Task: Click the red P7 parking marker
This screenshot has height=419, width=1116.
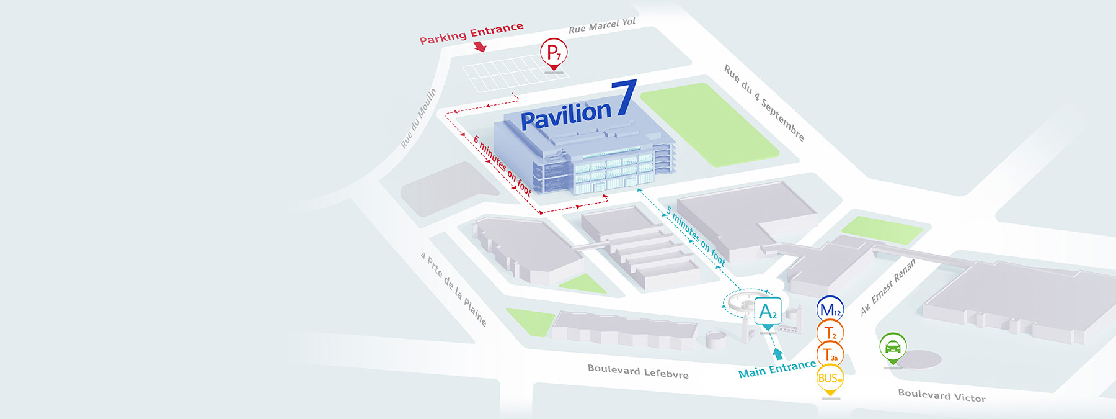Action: tap(554, 52)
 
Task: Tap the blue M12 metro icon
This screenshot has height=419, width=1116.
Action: tap(830, 310)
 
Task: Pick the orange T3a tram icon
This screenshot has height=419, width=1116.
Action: tap(830, 355)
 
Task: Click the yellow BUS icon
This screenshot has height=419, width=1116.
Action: tap(830, 378)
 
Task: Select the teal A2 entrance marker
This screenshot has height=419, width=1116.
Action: tap(768, 311)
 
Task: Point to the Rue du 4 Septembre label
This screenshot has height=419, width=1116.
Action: tap(764, 103)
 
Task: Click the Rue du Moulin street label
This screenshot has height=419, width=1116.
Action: tap(418, 118)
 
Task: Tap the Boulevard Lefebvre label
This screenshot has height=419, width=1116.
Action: tap(638, 371)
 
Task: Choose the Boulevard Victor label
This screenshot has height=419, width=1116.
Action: tap(942, 395)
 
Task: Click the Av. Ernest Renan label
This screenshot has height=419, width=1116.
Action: tap(888, 287)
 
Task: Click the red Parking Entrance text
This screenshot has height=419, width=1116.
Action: tap(471, 34)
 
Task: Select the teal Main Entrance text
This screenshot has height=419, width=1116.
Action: tap(777, 369)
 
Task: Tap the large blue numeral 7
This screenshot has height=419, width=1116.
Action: tap(624, 98)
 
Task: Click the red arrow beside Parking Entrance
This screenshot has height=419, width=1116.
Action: tap(479, 47)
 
